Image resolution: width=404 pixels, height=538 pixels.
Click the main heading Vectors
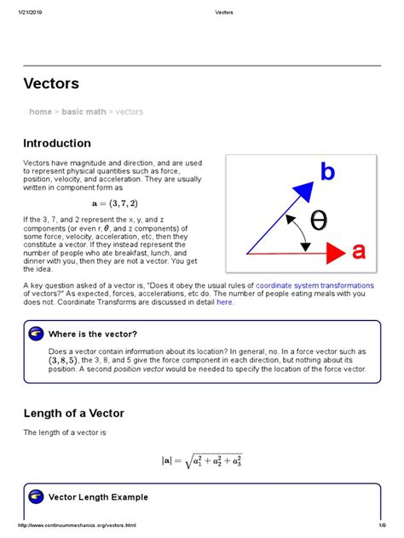[x=53, y=83]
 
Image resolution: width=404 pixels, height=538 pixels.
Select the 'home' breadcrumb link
[x=40, y=112]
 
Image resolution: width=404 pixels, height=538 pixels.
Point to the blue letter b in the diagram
[x=327, y=172]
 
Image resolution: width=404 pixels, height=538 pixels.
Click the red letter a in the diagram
[x=359, y=251]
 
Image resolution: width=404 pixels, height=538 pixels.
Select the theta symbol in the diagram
[x=317, y=220]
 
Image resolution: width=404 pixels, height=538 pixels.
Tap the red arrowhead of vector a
[x=335, y=252]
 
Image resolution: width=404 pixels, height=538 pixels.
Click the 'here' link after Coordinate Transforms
[x=224, y=301]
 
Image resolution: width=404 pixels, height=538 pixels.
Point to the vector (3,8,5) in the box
[x=67, y=360]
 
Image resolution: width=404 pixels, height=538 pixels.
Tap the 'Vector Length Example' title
[x=98, y=497]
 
